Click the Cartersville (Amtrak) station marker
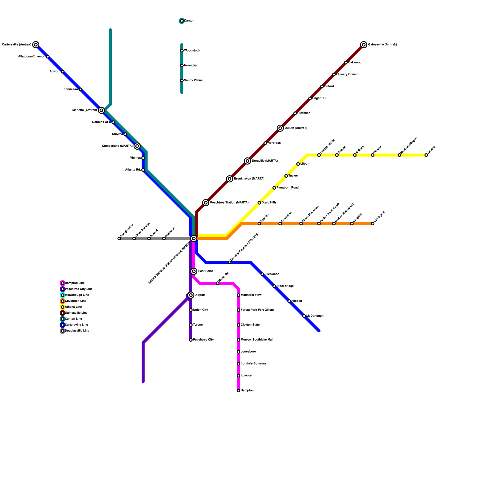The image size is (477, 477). coord(36,45)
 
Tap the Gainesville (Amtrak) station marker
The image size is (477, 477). coord(363,45)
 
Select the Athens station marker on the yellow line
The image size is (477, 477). coord(426,155)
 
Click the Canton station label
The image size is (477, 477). coord(189,21)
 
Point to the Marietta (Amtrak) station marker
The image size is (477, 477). coord(101,110)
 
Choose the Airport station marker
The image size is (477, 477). coord(191,295)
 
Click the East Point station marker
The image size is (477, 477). coord(194,271)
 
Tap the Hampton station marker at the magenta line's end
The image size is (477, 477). coord(238,391)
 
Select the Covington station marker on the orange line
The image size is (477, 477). coord(373,224)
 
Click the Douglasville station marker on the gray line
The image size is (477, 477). coord(119,238)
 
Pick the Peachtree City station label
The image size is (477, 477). coord(203,340)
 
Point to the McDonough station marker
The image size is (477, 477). coord(304,316)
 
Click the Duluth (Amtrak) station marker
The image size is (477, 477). coord(280,128)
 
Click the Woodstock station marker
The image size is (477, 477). coord(182,51)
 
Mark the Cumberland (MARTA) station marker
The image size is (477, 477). coord(137,146)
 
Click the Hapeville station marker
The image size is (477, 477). coord(218,283)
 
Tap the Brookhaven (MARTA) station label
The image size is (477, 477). coord(249,179)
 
